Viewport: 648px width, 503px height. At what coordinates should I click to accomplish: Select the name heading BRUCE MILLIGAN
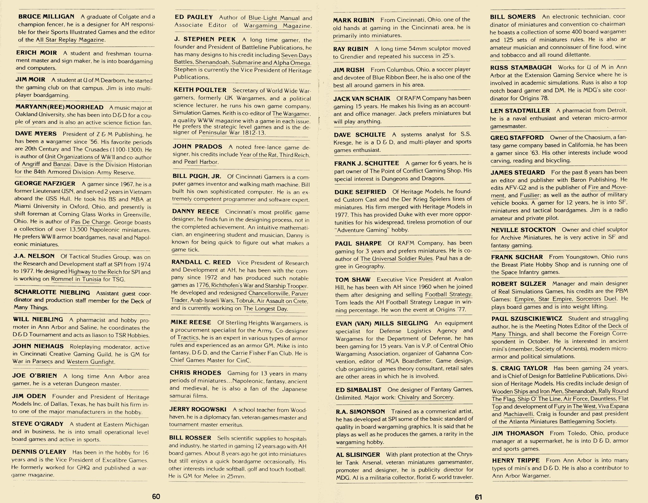pyautogui.click(x=46, y=16)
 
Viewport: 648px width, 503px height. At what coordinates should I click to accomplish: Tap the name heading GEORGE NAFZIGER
pyautogui.click(x=45, y=183)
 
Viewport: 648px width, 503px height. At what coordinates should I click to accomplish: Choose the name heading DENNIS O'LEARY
pyautogui.click(x=39, y=452)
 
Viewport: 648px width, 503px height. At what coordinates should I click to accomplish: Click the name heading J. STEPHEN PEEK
pyautogui.click(x=205, y=40)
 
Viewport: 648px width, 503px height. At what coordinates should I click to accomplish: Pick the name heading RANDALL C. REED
pyautogui.click(x=201, y=262)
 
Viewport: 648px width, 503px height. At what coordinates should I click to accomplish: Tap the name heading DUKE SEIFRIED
pyautogui.click(x=360, y=192)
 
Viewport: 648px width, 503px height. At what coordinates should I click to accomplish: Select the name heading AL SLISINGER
pyautogui.click(x=358, y=455)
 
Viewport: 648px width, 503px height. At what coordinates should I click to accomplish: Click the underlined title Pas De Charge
pyautogui.click(x=91, y=222)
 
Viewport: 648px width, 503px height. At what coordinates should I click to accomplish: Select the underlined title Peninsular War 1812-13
pyautogui.click(x=232, y=133)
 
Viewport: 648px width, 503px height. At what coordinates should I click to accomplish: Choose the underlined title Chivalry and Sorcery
pyautogui.click(x=426, y=397)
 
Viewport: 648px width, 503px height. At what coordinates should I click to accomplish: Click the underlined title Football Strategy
pyautogui.click(x=449, y=295)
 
